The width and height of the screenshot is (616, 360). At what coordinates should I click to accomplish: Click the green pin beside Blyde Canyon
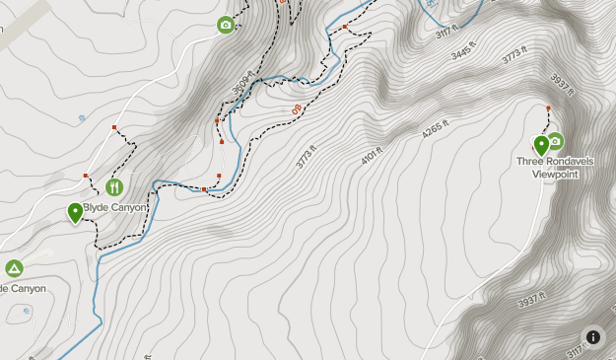tap(76, 212)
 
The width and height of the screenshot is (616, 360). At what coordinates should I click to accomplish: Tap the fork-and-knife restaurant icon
tap(114, 186)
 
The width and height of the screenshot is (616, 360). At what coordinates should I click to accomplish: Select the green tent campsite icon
tap(14, 268)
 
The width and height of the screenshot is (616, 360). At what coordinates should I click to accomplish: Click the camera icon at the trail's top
tap(226, 25)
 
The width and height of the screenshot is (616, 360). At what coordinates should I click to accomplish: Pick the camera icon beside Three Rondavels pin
tap(555, 141)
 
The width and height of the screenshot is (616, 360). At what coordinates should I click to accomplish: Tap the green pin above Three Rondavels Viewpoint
tap(541, 146)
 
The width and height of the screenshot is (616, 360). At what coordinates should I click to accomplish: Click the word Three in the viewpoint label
tap(530, 162)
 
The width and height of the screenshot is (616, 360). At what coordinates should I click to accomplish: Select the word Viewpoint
tap(555, 174)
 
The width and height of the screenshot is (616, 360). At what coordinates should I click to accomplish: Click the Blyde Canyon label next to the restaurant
tap(115, 208)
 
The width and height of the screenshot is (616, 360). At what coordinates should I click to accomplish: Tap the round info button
tap(592, 337)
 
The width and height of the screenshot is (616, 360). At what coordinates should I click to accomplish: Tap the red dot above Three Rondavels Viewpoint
tap(549, 107)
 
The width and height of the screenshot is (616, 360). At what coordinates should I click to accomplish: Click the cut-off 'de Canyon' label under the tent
tap(23, 289)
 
